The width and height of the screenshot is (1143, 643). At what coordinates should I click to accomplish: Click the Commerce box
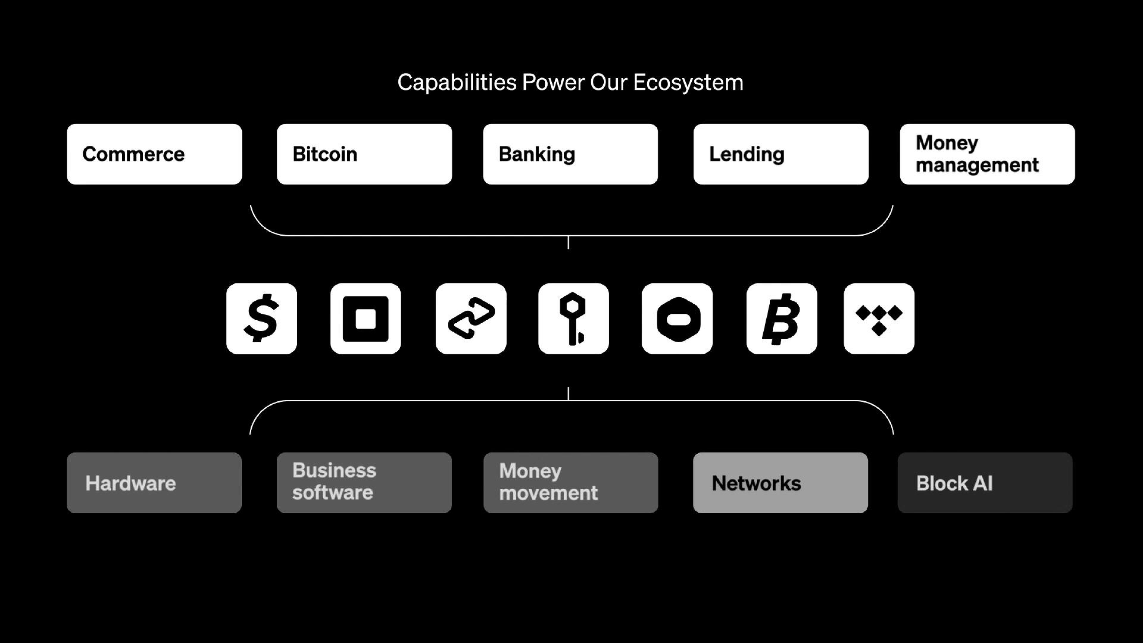point(154,154)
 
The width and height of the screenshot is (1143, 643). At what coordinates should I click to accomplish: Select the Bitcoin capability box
point(364,154)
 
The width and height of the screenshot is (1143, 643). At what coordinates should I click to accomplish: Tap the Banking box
point(570,154)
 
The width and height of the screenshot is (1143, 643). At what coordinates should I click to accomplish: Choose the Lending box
point(780,154)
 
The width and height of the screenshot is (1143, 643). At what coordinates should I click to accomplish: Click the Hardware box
point(154,483)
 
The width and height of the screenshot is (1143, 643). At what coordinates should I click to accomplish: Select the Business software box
point(364,483)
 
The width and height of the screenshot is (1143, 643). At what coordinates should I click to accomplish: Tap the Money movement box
point(571,483)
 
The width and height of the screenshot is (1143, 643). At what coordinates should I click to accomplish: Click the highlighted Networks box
point(780,483)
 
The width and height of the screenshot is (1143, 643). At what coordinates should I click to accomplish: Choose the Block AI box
point(985,483)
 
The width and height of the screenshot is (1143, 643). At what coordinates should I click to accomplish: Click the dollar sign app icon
point(261,319)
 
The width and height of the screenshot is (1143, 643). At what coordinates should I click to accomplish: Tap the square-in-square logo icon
point(366,319)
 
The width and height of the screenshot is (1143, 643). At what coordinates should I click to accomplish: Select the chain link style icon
point(471,319)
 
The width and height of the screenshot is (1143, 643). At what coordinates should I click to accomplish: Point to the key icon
point(573,319)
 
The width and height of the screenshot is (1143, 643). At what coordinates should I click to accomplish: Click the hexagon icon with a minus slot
point(677,319)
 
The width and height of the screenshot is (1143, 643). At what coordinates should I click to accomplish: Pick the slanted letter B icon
point(781,319)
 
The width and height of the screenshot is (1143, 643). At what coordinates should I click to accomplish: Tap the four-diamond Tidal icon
point(879,319)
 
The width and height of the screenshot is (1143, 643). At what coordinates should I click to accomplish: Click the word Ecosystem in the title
point(688,82)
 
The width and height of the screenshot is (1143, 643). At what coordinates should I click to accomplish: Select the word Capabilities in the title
point(457,82)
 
